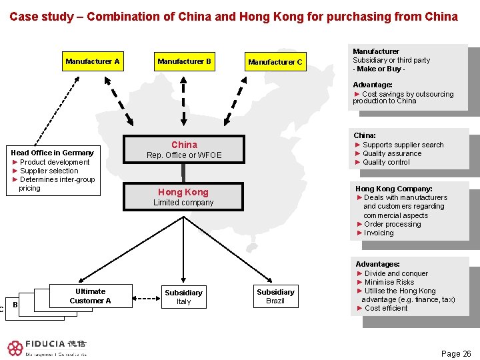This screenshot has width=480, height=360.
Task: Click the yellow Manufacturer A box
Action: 93,61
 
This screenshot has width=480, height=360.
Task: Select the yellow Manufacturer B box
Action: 185,61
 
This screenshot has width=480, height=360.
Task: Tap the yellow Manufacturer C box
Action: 275,62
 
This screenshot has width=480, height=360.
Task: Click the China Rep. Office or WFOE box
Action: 184,149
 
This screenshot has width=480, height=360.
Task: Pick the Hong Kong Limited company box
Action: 183,197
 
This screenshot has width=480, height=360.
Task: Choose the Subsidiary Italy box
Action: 184,297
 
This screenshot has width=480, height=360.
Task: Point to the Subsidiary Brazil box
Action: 276,296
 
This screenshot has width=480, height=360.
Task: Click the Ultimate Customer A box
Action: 91,296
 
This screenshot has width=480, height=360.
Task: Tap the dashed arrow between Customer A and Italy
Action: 146,298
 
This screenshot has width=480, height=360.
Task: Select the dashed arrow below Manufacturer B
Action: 183,101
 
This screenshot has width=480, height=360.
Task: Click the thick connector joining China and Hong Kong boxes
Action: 183,173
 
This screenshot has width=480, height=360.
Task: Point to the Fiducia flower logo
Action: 15,349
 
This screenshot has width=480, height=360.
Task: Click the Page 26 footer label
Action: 456,354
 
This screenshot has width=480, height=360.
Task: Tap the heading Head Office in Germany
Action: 53,153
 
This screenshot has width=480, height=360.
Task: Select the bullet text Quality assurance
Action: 392,153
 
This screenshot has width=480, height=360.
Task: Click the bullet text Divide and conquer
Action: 396,273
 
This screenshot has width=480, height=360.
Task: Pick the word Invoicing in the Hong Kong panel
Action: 379,233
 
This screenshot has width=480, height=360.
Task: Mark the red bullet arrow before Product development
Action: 15,162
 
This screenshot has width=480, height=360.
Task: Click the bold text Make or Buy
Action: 379,69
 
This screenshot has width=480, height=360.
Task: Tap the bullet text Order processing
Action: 393,224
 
